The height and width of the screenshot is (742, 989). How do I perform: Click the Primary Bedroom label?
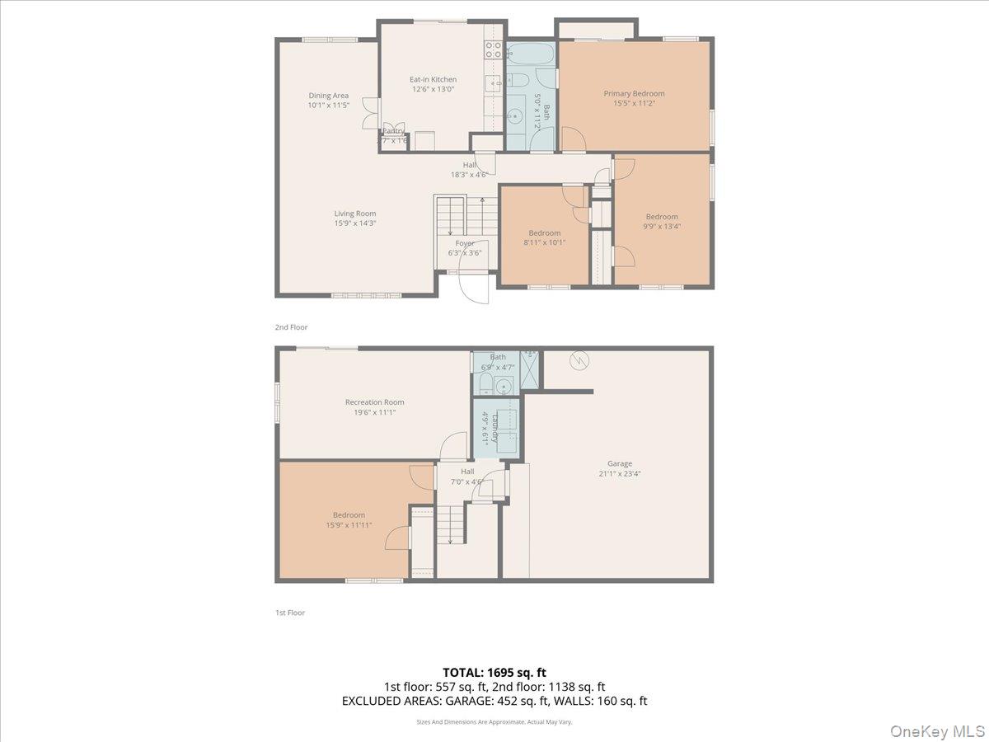(633, 93)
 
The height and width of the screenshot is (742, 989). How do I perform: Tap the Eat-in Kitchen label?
(433, 79)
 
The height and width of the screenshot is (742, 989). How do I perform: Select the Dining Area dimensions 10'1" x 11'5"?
(329, 106)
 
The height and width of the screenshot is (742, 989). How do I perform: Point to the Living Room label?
(354, 214)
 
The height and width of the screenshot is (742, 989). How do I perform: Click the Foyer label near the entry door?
(465, 243)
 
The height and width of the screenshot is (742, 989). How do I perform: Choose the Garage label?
(620, 463)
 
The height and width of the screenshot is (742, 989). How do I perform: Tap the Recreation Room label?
(374, 402)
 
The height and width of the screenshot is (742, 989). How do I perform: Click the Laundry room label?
(495, 427)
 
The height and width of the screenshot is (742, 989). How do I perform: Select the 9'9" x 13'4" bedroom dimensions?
(662, 226)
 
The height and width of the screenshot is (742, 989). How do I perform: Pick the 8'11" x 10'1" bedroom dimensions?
(545, 242)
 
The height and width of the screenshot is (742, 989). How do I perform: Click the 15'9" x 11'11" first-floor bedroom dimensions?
(349, 524)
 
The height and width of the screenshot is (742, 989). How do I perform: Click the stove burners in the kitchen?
(494, 49)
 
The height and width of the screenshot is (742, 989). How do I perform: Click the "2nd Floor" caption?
(291, 327)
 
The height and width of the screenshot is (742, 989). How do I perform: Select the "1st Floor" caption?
(290, 613)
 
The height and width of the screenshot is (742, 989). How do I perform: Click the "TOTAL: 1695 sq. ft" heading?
(494, 673)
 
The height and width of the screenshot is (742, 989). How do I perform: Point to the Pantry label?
(393, 131)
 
